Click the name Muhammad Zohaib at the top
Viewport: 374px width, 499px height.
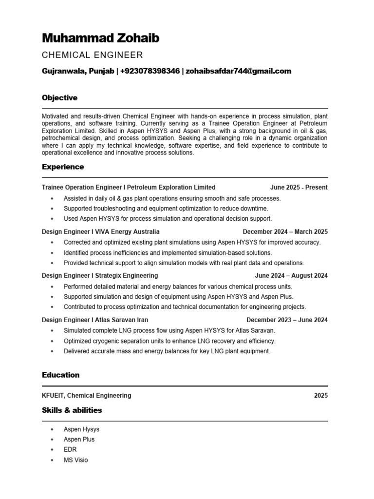(x=100, y=38)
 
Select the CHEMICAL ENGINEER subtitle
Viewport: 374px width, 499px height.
(x=92, y=55)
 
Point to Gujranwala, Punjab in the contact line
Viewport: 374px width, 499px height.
(x=77, y=71)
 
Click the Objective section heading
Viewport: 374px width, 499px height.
(x=59, y=98)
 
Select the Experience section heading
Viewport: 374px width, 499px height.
(x=63, y=167)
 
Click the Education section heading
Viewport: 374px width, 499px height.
(x=60, y=375)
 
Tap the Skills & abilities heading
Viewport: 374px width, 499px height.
(x=72, y=410)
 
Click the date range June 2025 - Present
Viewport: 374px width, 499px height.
(x=299, y=187)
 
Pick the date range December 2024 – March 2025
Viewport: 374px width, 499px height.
(x=285, y=231)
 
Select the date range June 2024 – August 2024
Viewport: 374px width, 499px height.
(x=291, y=276)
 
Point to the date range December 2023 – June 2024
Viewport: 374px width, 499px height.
(x=287, y=320)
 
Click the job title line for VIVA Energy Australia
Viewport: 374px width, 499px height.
(x=100, y=231)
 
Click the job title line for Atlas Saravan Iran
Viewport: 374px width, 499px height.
(x=95, y=320)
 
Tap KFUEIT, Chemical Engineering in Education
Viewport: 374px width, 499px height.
(x=86, y=396)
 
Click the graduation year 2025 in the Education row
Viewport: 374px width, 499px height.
(x=320, y=396)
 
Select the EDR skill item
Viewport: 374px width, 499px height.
(x=70, y=450)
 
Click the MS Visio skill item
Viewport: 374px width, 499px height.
(x=75, y=460)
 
